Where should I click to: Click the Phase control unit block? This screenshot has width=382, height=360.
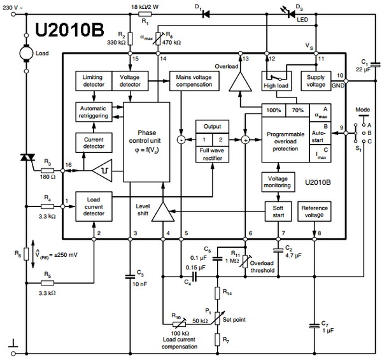[146, 142]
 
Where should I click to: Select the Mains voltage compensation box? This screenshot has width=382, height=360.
[194, 81]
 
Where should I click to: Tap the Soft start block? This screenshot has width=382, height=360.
[278, 212]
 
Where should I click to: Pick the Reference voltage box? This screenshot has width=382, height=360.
[315, 212]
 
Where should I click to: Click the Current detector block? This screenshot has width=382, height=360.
[94, 143]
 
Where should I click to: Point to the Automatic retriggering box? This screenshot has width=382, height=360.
[94, 112]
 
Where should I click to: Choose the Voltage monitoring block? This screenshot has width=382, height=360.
[278, 182]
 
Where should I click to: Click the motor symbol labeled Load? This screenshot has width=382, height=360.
[26, 53]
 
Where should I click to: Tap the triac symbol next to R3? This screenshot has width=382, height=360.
[27, 157]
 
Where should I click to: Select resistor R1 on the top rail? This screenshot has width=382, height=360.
[145, 15]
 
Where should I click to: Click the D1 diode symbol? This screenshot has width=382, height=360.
[206, 15]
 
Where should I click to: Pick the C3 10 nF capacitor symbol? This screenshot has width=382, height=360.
[130, 277]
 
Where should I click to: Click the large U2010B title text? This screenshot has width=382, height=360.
[69, 30]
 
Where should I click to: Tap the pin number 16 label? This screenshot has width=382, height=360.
[69, 165]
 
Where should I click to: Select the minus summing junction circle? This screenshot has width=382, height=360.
[181, 140]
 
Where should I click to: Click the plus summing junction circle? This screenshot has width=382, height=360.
[245, 140]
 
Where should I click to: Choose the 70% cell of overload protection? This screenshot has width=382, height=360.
[297, 110]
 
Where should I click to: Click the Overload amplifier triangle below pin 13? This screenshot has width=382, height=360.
[240, 82]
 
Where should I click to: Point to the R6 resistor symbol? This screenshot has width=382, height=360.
[26, 254]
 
